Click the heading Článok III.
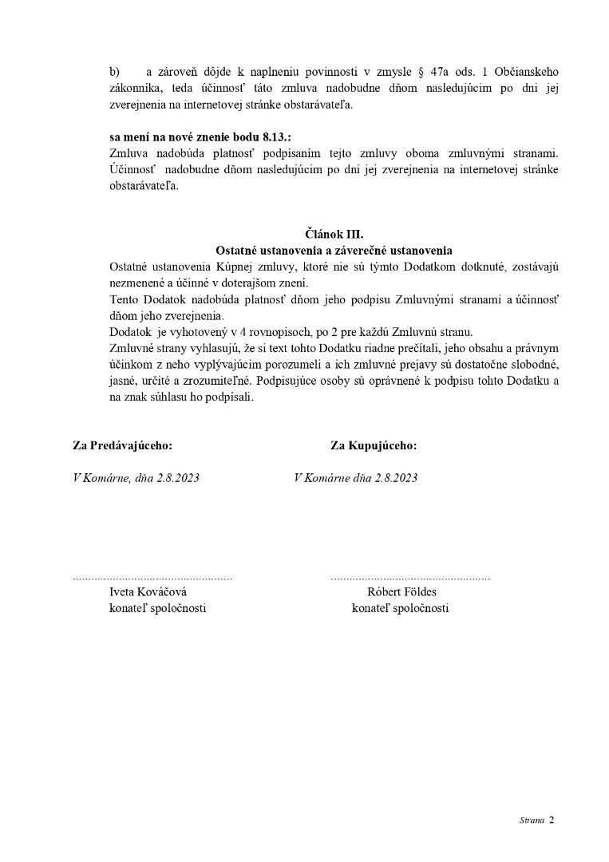click(x=334, y=234)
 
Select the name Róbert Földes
click(x=401, y=592)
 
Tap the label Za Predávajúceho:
click(x=122, y=446)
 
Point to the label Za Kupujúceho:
click(x=374, y=446)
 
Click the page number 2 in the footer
click(x=552, y=820)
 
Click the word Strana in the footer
click(x=532, y=820)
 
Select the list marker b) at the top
click(x=114, y=72)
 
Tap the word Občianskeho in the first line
click(x=526, y=72)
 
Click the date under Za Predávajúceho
click(x=136, y=478)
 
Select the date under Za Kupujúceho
click(x=356, y=478)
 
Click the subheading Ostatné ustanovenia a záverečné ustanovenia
click(x=334, y=250)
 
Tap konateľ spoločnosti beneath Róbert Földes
click(x=400, y=608)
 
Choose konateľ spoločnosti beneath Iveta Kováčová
click(x=157, y=608)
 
